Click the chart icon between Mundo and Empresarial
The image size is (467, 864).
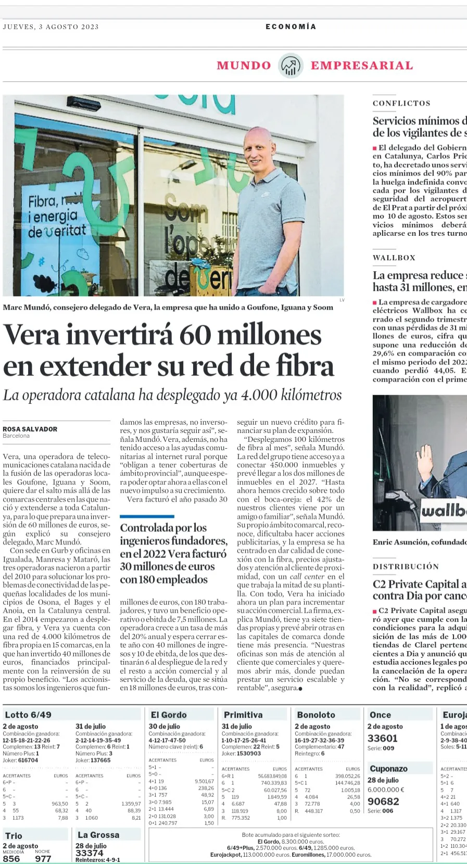point(291,66)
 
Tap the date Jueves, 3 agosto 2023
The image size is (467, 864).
point(51,27)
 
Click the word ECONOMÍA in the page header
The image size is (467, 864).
point(291,27)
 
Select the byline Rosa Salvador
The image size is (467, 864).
point(30,429)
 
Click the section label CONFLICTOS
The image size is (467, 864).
point(401,104)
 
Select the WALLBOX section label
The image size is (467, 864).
point(394,258)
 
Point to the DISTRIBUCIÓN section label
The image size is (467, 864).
point(406,566)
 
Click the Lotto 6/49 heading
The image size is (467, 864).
point(28,715)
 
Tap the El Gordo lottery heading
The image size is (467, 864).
point(169,715)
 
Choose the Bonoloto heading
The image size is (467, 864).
point(316,715)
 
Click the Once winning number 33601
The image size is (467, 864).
point(382,738)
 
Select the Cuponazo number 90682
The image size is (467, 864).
point(383,801)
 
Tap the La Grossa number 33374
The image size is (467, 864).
point(90,853)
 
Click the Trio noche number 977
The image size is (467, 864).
point(43,858)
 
